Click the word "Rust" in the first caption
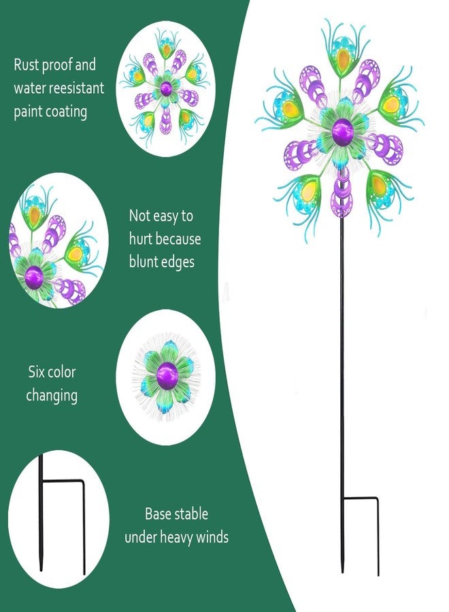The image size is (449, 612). coord(27,65)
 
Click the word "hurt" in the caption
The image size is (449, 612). coord(142,239)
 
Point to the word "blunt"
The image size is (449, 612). coord(144,262)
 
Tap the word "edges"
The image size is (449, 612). coord(178,262)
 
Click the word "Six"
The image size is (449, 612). coord(35,372)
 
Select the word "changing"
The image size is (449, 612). coord(52,396)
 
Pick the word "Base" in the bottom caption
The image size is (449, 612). coord(158,513)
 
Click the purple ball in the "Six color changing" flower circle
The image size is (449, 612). coord(167,376)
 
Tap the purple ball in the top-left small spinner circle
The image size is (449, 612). coord(166,89)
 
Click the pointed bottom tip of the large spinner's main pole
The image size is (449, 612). coord(342,572)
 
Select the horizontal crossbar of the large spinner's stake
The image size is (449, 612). coord(360,498)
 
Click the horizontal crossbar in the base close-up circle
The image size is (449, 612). coord(63,482)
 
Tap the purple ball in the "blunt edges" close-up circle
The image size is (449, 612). coord(34,277)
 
